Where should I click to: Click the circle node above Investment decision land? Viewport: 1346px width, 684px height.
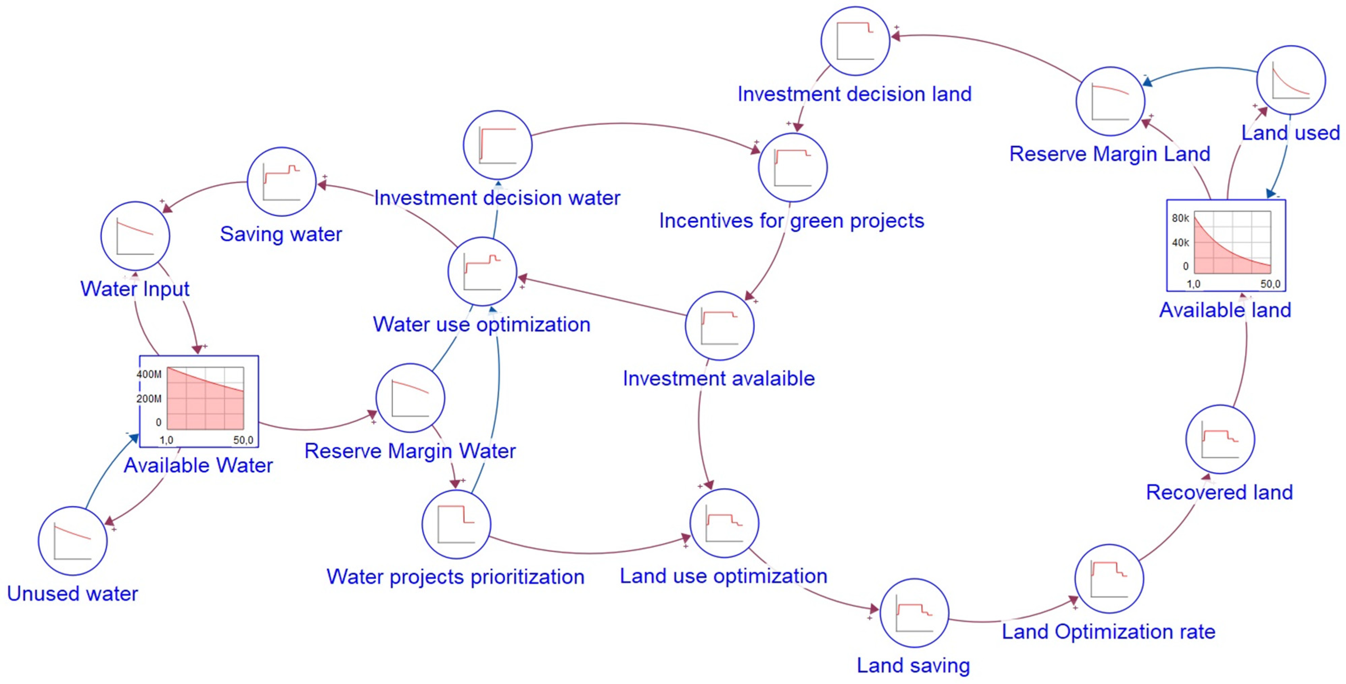tap(855, 41)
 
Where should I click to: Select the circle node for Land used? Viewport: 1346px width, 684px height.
tap(1290, 80)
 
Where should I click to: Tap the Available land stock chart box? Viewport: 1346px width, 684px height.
tap(1226, 245)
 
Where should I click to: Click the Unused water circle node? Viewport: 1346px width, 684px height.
tap(73, 541)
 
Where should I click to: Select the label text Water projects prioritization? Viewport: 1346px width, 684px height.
tap(455, 577)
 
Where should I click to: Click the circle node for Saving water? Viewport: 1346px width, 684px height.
tap(282, 182)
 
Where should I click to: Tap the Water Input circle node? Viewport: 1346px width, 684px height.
tap(135, 236)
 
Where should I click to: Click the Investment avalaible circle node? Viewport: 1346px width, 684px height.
tap(719, 326)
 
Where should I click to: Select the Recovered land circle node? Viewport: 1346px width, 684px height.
tap(1220, 439)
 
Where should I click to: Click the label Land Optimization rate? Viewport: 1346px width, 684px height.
tap(1108, 632)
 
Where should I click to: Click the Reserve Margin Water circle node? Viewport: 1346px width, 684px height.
tap(410, 398)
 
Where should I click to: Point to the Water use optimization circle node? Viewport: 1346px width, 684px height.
tap(482, 271)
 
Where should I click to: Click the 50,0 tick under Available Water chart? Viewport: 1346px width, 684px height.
tap(243, 440)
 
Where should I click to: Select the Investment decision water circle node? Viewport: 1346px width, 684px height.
tap(497, 145)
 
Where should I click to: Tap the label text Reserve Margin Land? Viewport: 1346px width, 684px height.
tap(1109, 154)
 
